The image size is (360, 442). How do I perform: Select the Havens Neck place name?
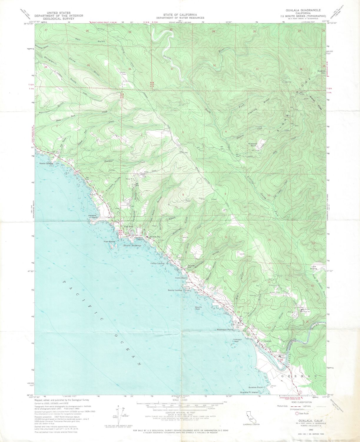93,216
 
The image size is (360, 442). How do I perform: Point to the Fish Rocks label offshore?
109,241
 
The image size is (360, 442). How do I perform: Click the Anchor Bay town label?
155,237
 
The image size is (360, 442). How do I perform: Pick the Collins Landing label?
157,263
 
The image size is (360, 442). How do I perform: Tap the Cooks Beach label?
181,278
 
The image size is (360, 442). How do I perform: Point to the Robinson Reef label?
237,340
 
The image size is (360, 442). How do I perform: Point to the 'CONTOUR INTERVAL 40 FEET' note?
180,413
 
